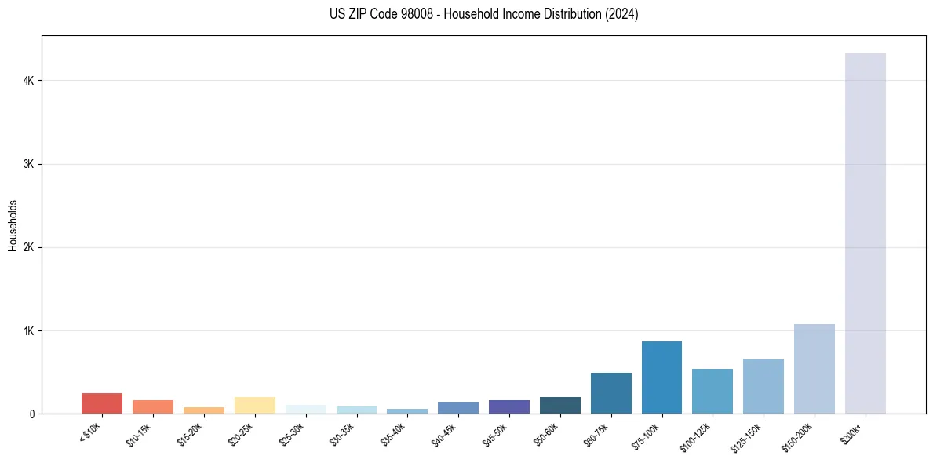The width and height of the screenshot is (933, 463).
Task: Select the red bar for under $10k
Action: tap(102, 403)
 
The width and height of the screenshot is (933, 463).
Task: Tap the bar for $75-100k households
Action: tap(661, 377)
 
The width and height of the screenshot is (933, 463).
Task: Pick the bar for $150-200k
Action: tap(814, 369)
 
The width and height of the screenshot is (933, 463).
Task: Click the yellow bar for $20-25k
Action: tap(254, 405)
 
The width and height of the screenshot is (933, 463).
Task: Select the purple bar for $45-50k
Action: tap(508, 406)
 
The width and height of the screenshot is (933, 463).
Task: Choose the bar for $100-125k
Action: tap(713, 391)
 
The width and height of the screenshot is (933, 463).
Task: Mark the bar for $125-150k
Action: tap(764, 386)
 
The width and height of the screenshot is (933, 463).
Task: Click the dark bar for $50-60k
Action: tap(559, 405)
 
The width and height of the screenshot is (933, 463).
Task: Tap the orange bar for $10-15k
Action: tap(153, 406)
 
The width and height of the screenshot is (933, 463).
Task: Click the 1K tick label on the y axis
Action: tap(29, 330)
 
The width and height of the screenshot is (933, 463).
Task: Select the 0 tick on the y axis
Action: tap(32, 414)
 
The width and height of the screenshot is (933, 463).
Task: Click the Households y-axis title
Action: tap(13, 224)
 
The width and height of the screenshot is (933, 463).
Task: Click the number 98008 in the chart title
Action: tap(399, 14)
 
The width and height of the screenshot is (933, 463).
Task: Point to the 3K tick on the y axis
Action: tap(29, 164)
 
